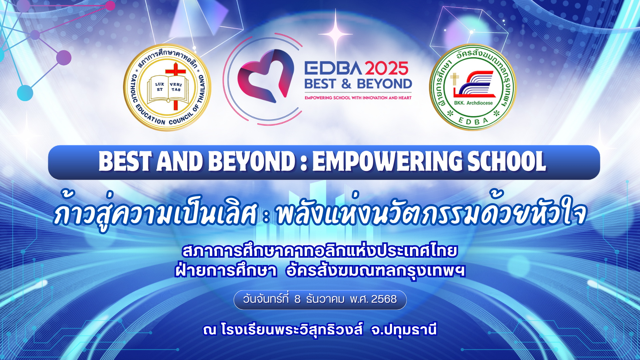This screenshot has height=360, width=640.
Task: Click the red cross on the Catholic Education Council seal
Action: coord(175,85)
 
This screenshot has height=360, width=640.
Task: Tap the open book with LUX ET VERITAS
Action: coord(168,89)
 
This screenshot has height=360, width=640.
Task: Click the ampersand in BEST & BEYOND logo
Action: coord(346,84)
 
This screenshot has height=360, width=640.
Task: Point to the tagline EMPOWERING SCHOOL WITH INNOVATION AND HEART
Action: coord(358,98)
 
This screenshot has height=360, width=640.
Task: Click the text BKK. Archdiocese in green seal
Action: coord(473,103)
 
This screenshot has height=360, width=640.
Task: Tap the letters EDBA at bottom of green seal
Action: coord(473,121)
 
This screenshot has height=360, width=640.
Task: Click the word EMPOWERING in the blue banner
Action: coord(387,162)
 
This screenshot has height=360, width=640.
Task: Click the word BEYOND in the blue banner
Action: coord(252,162)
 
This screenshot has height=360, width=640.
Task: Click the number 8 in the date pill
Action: coord(297,299)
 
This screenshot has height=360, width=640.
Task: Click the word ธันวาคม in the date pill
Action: coord(325,299)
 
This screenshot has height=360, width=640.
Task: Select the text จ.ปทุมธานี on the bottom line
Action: coord(404,330)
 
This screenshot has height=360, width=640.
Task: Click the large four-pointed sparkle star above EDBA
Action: coord(335,34)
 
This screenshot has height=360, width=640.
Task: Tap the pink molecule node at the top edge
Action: coord(110,6)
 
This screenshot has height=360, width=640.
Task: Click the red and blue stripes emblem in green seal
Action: coord(473,84)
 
